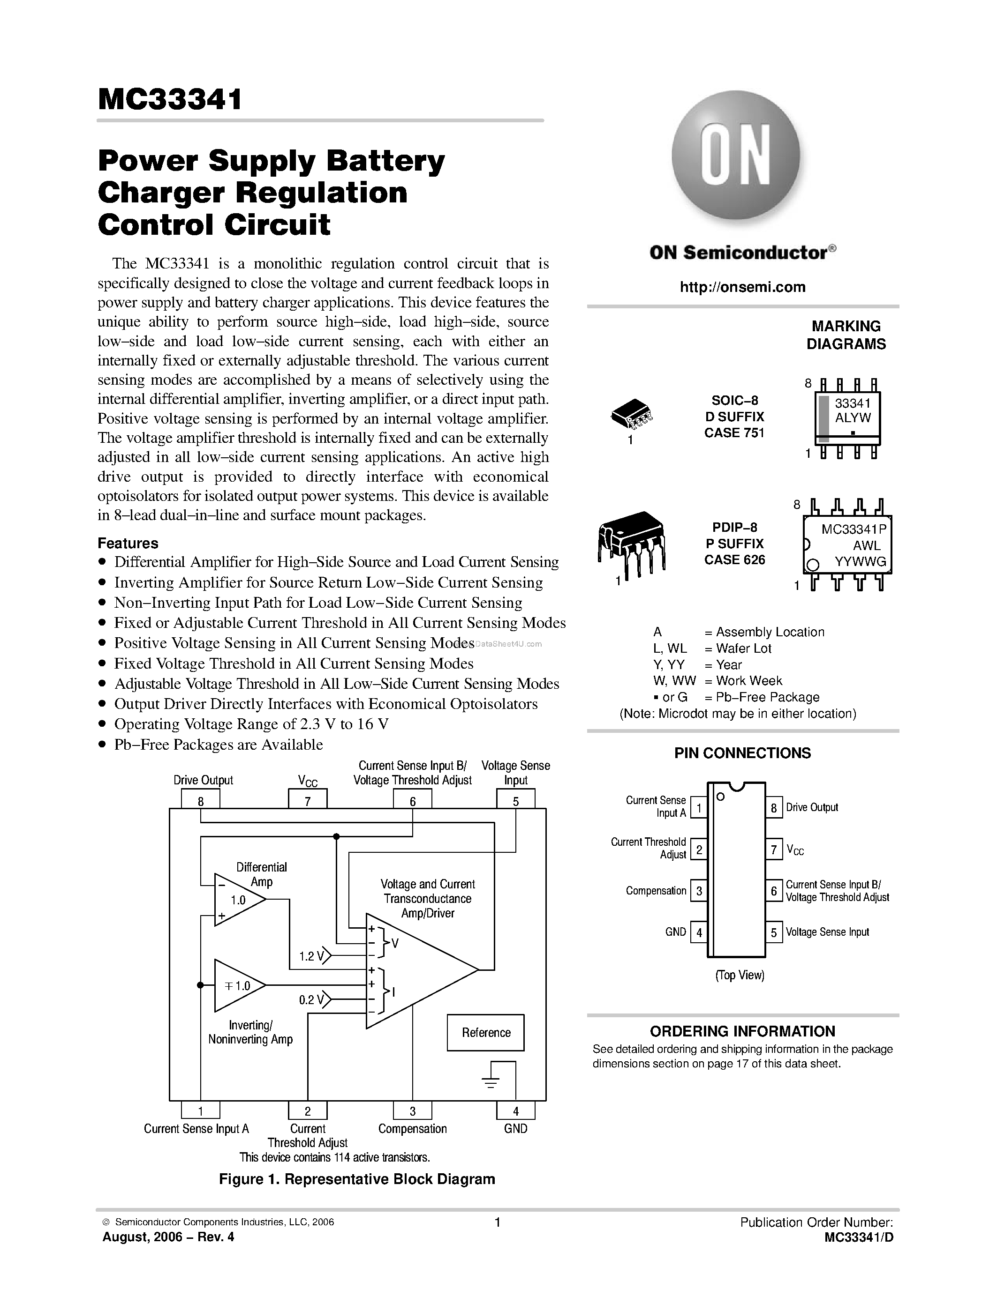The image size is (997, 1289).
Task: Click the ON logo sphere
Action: (x=736, y=155)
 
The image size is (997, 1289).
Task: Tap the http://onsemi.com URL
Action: (x=742, y=287)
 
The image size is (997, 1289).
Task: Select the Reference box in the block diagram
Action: (x=485, y=1032)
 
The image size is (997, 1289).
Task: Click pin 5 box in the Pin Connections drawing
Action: (x=774, y=932)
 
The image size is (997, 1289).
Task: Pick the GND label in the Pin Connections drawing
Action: (x=676, y=932)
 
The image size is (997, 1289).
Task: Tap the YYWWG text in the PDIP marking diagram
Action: (x=860, y=562)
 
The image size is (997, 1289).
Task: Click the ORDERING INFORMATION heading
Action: (x=742, y=1031)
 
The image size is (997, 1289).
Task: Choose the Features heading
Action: (x=128, y=543)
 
